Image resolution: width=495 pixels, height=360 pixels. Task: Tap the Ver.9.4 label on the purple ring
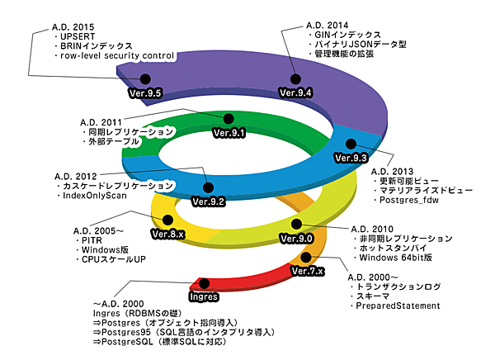(x=295, y=92)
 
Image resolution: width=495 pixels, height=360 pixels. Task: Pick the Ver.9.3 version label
(x=350, y=157)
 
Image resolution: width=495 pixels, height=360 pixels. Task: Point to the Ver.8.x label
(x=168, y=234)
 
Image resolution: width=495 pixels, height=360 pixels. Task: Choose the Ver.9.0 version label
(x=296, y=239)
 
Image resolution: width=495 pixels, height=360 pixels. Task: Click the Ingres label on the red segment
(x=203, y=295)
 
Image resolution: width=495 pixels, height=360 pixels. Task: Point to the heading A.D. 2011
(x=101, y=121)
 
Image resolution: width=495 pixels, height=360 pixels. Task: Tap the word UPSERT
(x=77, y=38)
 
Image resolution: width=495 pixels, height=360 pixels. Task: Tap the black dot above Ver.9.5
(x=144, y=79)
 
